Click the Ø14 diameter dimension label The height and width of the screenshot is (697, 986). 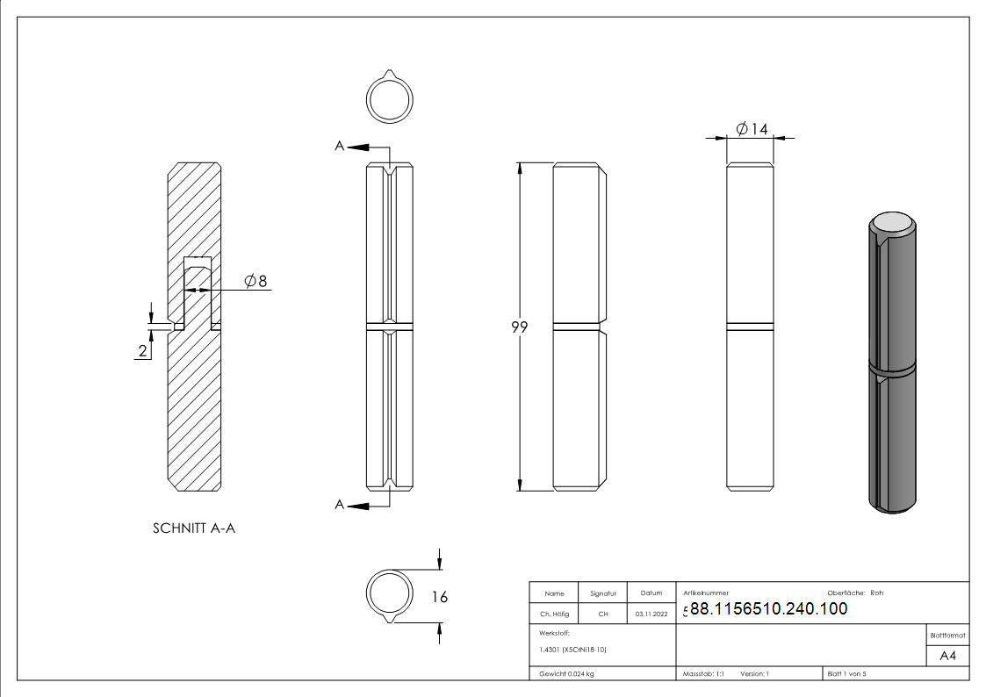(x=752, y=129)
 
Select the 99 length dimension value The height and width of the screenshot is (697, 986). (x=519, y=327)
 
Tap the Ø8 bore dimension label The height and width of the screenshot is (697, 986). (x=255, y=281)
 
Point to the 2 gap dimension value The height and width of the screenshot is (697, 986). (x=142, y=351)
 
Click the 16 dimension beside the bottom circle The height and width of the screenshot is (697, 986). (x=440, y=597)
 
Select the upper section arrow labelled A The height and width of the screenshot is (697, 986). (x=340, y=146)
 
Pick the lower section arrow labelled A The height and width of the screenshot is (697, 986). (x=340, y=505)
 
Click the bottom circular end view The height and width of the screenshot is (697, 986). (x=389, y=593)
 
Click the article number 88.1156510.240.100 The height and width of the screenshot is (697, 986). (x=768, y=608)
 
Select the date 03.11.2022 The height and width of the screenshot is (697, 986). (x=651, y=614)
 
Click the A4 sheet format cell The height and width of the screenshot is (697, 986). (x=948, y=656)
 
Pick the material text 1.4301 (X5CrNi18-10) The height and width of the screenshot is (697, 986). (x=572, y=650)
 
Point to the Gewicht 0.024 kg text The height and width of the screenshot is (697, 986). (x=566, y=674)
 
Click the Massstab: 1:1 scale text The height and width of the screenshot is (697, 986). (x=703, y=674)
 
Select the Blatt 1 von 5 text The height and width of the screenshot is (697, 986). (x=846, y=674)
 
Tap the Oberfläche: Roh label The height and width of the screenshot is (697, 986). (x=855, y=593)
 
